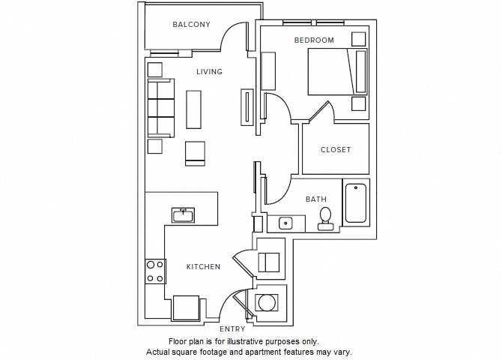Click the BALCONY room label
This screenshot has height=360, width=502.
191,25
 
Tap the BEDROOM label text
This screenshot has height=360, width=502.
314,40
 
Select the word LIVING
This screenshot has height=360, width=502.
209,72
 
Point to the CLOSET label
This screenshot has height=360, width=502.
336,150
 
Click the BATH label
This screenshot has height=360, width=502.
315,199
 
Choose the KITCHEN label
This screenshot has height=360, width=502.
203,266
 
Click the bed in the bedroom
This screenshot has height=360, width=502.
337,72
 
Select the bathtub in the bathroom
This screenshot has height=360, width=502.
356,202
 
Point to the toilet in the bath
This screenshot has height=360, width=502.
325,217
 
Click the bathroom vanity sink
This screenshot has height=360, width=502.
285,223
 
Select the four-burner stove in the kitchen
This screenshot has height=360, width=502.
155,271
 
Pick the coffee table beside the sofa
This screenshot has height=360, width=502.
194,108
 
